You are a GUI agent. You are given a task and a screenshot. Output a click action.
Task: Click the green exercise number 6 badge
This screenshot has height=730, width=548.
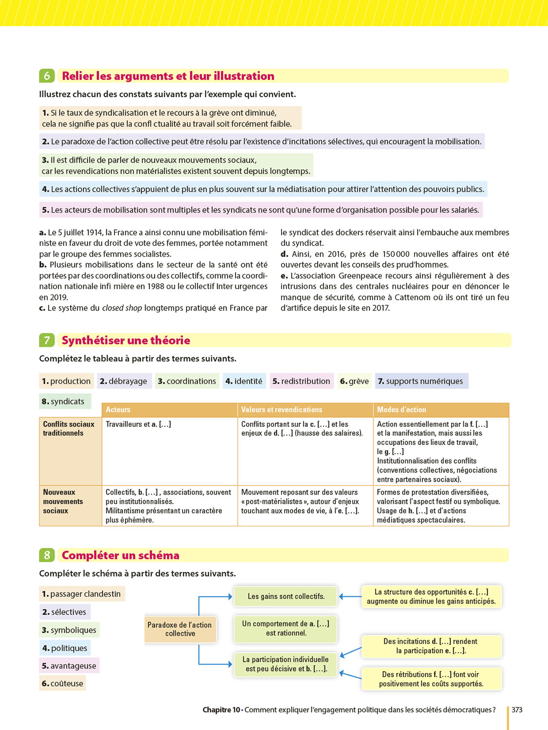(47, 76)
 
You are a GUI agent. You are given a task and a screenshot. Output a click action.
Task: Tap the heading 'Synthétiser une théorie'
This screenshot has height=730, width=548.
(126, 340)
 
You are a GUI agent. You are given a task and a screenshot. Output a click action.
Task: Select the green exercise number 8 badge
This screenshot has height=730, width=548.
(47, 555)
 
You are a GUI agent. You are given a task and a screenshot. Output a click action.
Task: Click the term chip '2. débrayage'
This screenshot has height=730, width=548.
(124, 381)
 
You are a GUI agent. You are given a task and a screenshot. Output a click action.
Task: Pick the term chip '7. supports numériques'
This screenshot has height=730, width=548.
(421, 381)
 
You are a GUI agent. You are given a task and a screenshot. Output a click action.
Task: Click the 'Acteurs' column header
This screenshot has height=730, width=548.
(118, 410)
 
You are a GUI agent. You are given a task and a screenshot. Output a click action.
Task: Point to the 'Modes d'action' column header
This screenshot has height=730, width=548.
(401, 410)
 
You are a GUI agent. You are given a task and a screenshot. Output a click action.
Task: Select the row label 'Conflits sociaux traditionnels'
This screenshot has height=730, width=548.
(68, 429)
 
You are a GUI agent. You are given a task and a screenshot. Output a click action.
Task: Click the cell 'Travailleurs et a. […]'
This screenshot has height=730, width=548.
(138, 424)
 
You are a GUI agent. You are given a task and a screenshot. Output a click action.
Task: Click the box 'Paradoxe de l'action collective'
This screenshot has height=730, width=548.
(180, 629)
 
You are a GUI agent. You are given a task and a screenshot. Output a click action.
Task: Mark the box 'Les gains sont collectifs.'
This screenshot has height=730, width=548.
(286, 596)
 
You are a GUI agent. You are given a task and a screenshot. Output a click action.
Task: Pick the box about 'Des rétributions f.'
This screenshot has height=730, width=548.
(431, 679)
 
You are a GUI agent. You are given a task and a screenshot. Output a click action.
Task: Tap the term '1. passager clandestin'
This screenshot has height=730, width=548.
(81, 594)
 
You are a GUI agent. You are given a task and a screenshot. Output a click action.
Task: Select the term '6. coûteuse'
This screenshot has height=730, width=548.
(62, 683)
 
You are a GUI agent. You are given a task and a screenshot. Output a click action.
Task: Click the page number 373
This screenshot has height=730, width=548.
(517, 710)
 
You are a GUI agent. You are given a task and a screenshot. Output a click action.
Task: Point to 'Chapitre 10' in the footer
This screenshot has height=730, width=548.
(221, 710)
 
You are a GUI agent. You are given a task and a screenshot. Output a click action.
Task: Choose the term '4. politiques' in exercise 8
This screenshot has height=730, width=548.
(65, 648)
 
